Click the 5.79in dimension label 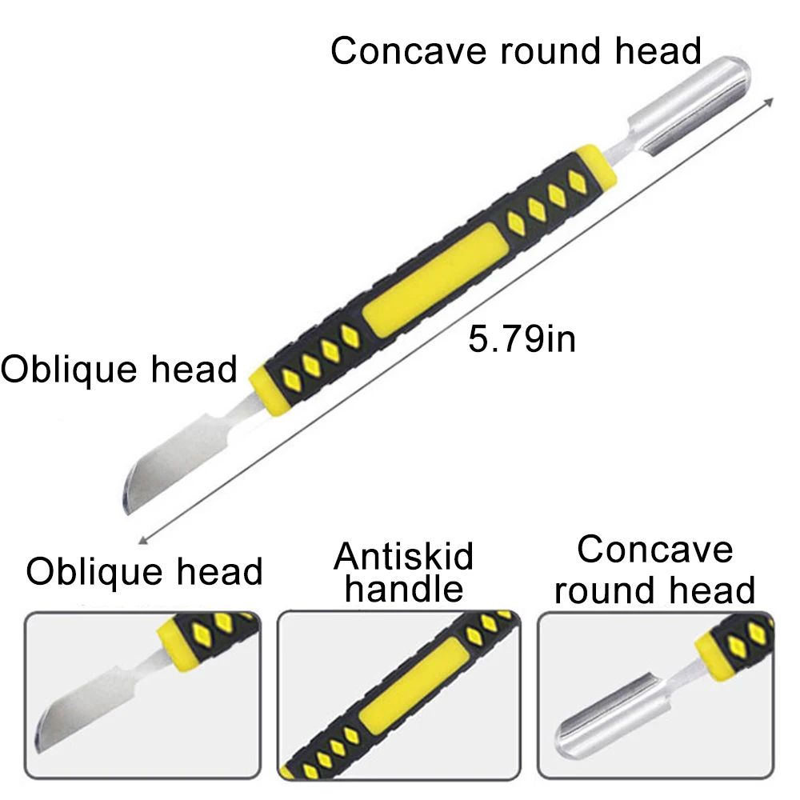click(x=522, y=339)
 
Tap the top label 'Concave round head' click(x=516, y=51)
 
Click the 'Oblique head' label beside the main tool click(x=119, y=370)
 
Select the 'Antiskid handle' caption click(x=404, y=571)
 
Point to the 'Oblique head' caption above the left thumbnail click(x=144, y=571)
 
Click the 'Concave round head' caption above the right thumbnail click(x=654, y=570)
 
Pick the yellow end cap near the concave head click(x=600, y=163)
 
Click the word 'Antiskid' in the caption click(x=404, y=554)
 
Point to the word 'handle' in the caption click(x=404, y=590)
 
